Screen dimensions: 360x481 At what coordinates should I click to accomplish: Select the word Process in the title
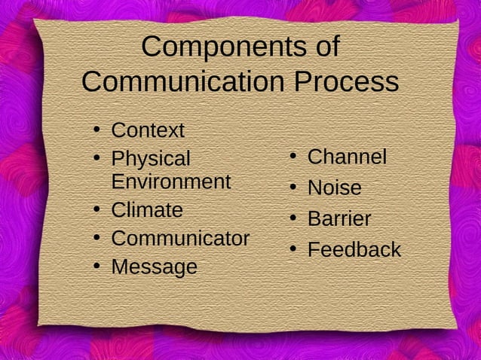click(x=345, y=81)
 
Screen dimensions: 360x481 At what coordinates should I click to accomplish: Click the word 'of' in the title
click(x=326, y=47)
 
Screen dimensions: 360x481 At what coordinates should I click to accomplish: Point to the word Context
click(x=148, y=130)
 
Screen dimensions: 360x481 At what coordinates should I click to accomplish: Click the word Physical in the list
click(x=151, y=159)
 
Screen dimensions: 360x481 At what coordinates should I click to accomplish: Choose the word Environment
click(x=171, y=182)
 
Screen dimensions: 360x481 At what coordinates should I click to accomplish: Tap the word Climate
click(x=147, y=210)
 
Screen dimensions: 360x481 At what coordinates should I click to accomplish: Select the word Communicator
click(x=180, y=239)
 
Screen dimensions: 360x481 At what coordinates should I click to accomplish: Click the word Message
click(x=154, y=267)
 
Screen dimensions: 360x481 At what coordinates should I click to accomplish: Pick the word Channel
click(x=347, y=157)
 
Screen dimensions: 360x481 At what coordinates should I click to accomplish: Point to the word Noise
click(x=334, y=188)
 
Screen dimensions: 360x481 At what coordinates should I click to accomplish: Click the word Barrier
click(x=339, y=219)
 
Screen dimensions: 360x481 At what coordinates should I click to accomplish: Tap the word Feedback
click(x=354, y=250)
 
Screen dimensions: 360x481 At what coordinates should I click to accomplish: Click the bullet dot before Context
click(x=97, y=130)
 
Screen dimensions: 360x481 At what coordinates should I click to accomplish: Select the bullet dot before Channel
click(x=293, y=156)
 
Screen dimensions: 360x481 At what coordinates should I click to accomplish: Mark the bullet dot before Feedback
click(x=293, y=249)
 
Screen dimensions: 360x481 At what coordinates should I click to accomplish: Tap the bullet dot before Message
click(x=97, y=265)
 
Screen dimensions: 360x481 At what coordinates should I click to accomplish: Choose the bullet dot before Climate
click(x=97, y=209)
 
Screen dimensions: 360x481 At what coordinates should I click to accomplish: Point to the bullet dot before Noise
click(x=293, y=186)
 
